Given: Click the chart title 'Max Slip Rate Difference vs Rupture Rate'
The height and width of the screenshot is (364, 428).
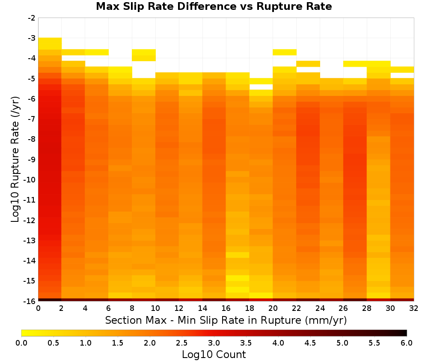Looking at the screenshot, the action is point(214,6).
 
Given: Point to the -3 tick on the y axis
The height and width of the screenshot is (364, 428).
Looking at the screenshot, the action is point(32,38).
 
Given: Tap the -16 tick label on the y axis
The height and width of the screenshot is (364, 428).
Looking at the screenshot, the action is point(30,301).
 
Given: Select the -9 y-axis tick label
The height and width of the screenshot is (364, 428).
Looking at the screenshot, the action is point(32,159).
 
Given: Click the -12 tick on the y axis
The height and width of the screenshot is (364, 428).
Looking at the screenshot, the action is point(30,220).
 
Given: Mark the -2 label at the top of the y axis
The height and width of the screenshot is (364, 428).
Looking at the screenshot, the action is point(32,18).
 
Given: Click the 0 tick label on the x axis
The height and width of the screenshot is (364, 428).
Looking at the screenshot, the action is point(38,308).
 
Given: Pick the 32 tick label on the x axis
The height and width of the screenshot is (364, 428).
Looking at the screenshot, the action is point(414,308).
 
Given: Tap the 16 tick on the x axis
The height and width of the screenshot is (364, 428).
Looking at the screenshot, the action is point(226,308).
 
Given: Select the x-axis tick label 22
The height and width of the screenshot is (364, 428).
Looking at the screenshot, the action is point(297,308).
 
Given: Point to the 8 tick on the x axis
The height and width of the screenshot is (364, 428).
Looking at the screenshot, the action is point(132,308).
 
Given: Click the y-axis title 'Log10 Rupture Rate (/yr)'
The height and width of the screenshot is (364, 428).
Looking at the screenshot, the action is point(15,159).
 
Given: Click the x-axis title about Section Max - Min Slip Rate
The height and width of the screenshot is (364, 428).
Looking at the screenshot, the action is point(226,320).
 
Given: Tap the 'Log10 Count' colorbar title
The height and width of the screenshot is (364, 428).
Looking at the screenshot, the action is point(214,355).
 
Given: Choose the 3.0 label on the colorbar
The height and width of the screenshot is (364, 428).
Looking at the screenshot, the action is point(214,343).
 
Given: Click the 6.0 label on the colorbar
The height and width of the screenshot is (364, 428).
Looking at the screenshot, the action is point(407,343).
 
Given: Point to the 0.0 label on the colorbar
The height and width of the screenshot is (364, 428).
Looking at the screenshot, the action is point(21,343).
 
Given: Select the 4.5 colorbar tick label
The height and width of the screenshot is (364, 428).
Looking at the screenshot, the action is point(310,343).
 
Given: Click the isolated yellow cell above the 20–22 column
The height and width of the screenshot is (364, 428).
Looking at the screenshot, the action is point(285,52).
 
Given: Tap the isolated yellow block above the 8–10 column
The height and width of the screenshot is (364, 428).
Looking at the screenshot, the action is point(144,55).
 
